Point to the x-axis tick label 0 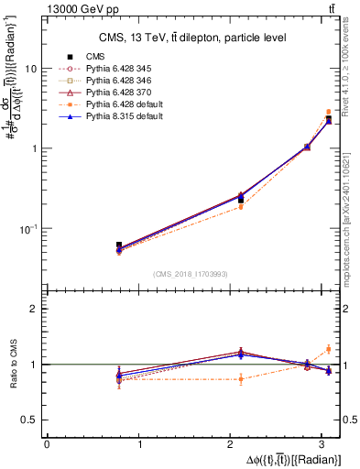47,444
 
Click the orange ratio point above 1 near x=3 328,348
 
